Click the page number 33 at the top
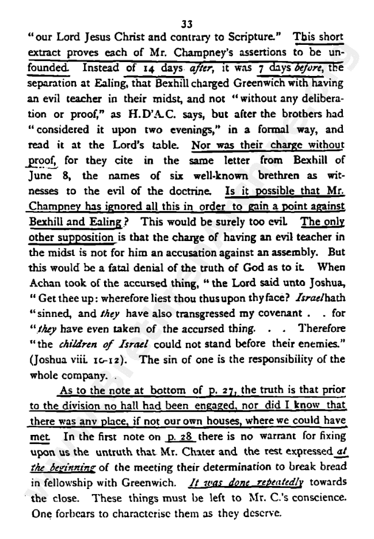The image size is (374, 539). [186, 24]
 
